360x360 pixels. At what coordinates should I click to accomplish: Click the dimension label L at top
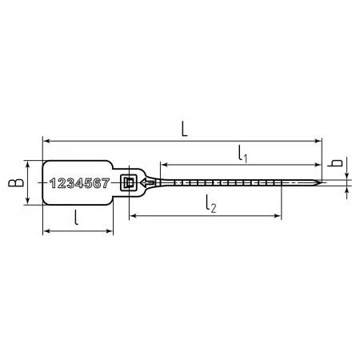click(184, 129)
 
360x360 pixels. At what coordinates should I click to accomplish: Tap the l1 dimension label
click(243, 154)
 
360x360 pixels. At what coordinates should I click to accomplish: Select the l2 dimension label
click(211, 204)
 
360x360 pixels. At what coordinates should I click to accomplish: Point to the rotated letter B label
click(16, 182)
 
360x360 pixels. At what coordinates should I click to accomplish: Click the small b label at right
click(334, 163)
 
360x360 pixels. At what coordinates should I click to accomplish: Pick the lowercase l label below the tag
click(77, 218)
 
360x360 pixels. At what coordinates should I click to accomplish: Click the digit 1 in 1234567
click(53, 183)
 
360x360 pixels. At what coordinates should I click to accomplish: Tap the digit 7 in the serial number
click(106, 183)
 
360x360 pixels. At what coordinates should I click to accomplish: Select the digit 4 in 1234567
click(79, 183)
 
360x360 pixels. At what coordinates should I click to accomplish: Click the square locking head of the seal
click(129, 183)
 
